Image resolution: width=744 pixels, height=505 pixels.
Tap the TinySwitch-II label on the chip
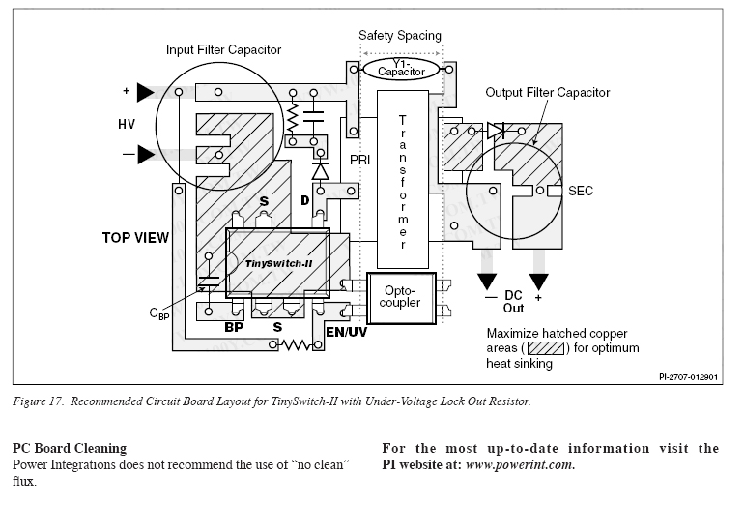(x=278, y=264)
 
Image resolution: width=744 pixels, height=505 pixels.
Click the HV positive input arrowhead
(x=146, y=92)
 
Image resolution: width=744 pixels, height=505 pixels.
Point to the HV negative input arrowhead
(x=146, y=155)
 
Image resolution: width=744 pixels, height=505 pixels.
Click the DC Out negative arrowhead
(x=487, y=282)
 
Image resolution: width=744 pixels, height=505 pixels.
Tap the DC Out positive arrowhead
(x=538, y=282)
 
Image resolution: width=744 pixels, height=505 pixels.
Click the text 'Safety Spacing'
(x=400, y=35)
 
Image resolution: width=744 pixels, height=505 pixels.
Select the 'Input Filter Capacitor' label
(x=223, y=50)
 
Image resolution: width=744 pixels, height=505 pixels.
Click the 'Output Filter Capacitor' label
(x=548, y=92)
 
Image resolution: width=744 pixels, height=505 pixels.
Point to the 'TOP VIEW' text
(x=135, y=238)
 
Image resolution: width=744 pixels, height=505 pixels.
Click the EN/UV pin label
(x=346, y=332)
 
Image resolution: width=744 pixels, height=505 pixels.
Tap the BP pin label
(x=234, y=327)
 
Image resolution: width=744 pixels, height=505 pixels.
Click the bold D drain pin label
(x=305, y=200)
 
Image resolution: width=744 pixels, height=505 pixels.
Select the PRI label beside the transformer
(x=360, y=160)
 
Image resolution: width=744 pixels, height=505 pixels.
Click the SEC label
(x=581, y=191)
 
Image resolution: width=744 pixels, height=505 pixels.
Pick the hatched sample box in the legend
(x=546, y=348)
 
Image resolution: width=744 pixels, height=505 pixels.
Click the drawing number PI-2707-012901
(x=689, y=377)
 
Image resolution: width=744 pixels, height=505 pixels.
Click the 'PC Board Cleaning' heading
(x=70, y=449)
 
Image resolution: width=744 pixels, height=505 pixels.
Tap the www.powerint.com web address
(x=520, y=464)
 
